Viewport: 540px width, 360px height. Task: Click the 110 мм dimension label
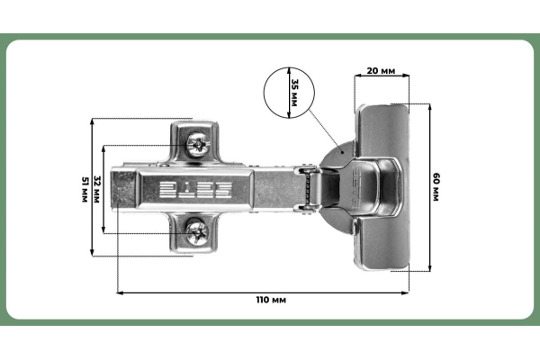click(271, 300)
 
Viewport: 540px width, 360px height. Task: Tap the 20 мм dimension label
click(381, 70)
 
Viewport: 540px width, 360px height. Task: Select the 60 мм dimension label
click(436, 187)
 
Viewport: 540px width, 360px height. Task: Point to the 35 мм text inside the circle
click(295, 93)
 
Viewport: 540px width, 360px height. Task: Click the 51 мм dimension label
click(85, 189)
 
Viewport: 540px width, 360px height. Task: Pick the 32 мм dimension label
click(97, 189)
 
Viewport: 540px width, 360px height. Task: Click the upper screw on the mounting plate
click(198, 144)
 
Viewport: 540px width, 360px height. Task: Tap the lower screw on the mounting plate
click(197, 232)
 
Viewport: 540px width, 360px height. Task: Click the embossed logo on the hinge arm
click(195, 190)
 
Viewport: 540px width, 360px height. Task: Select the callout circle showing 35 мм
click(289, 93)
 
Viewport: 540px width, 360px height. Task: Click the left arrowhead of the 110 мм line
click(120, 292)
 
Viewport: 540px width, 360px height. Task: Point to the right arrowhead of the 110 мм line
click(405, 292)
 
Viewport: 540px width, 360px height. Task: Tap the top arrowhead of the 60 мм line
click(430, 107)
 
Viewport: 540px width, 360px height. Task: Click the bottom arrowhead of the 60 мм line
click(430, 267)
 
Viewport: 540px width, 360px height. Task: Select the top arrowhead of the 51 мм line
click(92, 122)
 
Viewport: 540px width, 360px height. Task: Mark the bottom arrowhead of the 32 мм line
click(103, 230)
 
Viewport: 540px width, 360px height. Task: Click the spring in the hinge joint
click(307, 189)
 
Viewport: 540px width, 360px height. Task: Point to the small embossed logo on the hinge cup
click(357, 188)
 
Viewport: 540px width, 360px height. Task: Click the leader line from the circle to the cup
click(326, 130)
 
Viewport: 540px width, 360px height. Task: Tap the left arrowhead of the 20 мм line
click(358, 75)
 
